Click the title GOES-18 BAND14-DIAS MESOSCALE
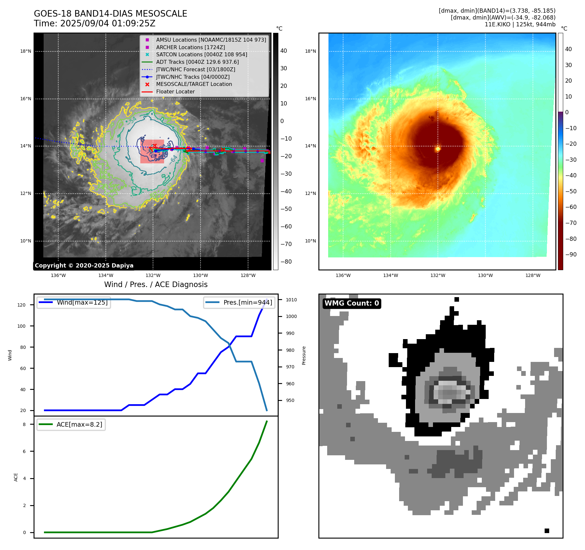pyautogui.click(x=110, y=14)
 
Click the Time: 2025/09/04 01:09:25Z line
pyautogui.click(x=94, y=23)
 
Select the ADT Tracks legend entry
pyautogui.click(x=197, y=62)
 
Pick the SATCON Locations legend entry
pyautogui.click(x=202, y=54)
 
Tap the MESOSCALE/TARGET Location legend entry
pyautogui.click(x=194, y=84)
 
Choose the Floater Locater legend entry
pyautogui.click(x=175, y=91)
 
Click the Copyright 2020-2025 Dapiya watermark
pyautogui.click(x=84, y=266)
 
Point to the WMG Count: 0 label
pyautogui.click(x=352, y=303)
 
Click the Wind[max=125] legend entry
pyautogui.click(x=82, y=302)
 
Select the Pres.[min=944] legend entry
pyautogui.click(x=247, y=302)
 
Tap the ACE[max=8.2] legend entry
pyautogui.click(x=79, y=424)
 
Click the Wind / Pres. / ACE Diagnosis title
pyautogui.click(x=156, y=284)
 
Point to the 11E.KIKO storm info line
pyautogui.click(x=520, y=24)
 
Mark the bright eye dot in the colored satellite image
pyautogui.click(x=438, y=149)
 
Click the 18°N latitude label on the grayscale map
pyautogui.click(x=26, y=51)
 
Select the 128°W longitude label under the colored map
pyautogui.click(x=533, y=275)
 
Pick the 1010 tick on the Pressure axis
pyautogui.click(x=291, y=300)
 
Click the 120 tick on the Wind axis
pyautogui.click(x=21, y=305)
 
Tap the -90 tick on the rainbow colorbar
pyautogui.click(x=571, y=254)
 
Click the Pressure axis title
pyautogui.click(x=304, y=355)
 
